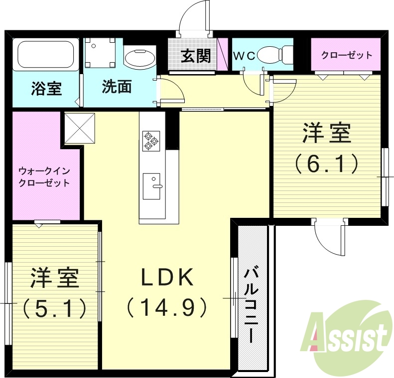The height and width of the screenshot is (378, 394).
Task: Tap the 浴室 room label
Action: pos(46,89)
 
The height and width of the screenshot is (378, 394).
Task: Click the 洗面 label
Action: pos(117,87)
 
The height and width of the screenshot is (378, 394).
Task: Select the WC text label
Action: pos(244,56)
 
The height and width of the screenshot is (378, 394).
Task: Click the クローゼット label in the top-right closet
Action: pos(347,55)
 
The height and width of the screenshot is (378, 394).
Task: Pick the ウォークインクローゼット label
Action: pos(44,177)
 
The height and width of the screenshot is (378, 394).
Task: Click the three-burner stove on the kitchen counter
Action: pos(150,140)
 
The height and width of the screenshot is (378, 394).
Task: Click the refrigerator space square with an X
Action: pos(79,128)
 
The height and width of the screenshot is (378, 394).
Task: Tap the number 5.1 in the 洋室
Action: pos(55,308)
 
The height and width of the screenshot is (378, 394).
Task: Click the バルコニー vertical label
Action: pos(251,304)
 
